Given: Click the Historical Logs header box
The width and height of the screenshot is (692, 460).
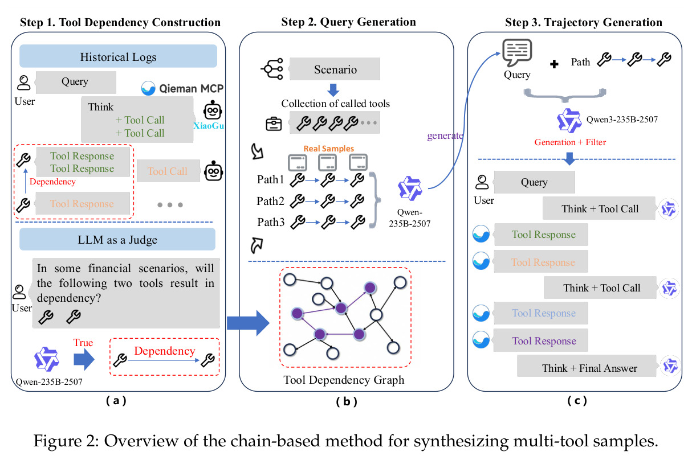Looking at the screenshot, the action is [118, 56].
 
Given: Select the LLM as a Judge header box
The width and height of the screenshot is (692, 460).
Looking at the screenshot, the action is [117, 240].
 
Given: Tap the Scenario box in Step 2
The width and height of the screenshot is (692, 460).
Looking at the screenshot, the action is [335, 69].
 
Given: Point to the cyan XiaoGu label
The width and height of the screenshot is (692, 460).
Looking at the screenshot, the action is [209, 126].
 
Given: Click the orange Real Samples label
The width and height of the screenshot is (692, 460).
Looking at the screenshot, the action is [329, 149].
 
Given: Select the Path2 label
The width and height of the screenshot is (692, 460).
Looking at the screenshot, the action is [270, 201].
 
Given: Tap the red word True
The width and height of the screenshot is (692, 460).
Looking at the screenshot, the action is [83, 343].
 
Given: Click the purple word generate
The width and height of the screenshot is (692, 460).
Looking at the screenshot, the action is [445, 135].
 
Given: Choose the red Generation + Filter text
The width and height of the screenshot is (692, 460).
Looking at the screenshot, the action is [570, 142].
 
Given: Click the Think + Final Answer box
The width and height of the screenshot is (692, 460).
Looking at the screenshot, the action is [587, 366].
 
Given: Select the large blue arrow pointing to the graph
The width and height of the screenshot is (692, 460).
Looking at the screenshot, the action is [248, 323].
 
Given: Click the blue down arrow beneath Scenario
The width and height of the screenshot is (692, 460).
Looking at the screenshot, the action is [333, 90].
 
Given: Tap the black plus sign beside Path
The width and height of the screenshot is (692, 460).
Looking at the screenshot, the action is [554, 64].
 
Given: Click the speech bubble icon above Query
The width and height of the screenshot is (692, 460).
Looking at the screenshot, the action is [517, 52].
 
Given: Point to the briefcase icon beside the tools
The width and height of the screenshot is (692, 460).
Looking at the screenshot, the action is [274, 124].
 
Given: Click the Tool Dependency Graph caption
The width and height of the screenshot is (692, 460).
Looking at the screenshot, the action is [344, 380].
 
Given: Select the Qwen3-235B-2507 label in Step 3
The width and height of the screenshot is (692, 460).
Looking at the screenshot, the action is [622, 120].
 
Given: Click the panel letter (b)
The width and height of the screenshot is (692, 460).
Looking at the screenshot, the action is [347, 401].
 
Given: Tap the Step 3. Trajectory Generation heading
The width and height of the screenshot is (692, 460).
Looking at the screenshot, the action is [584, 22].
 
